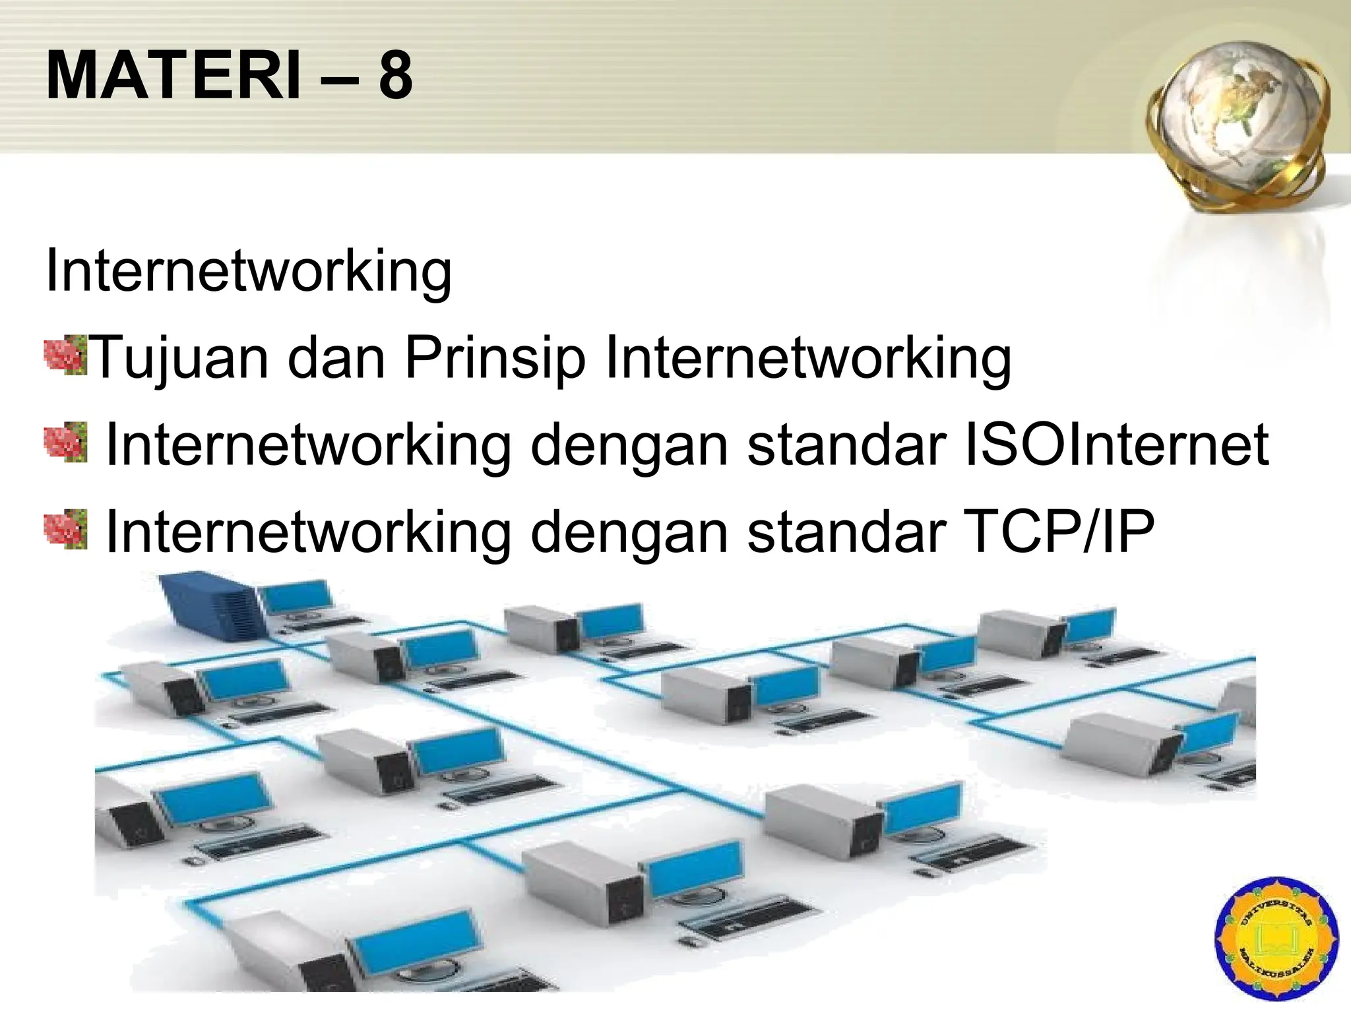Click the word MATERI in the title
tap(173, 76)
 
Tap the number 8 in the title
tap(395, 76)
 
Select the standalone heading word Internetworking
tap(249, 271)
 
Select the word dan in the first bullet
tap(336, 359)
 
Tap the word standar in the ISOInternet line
tap(847, 445)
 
